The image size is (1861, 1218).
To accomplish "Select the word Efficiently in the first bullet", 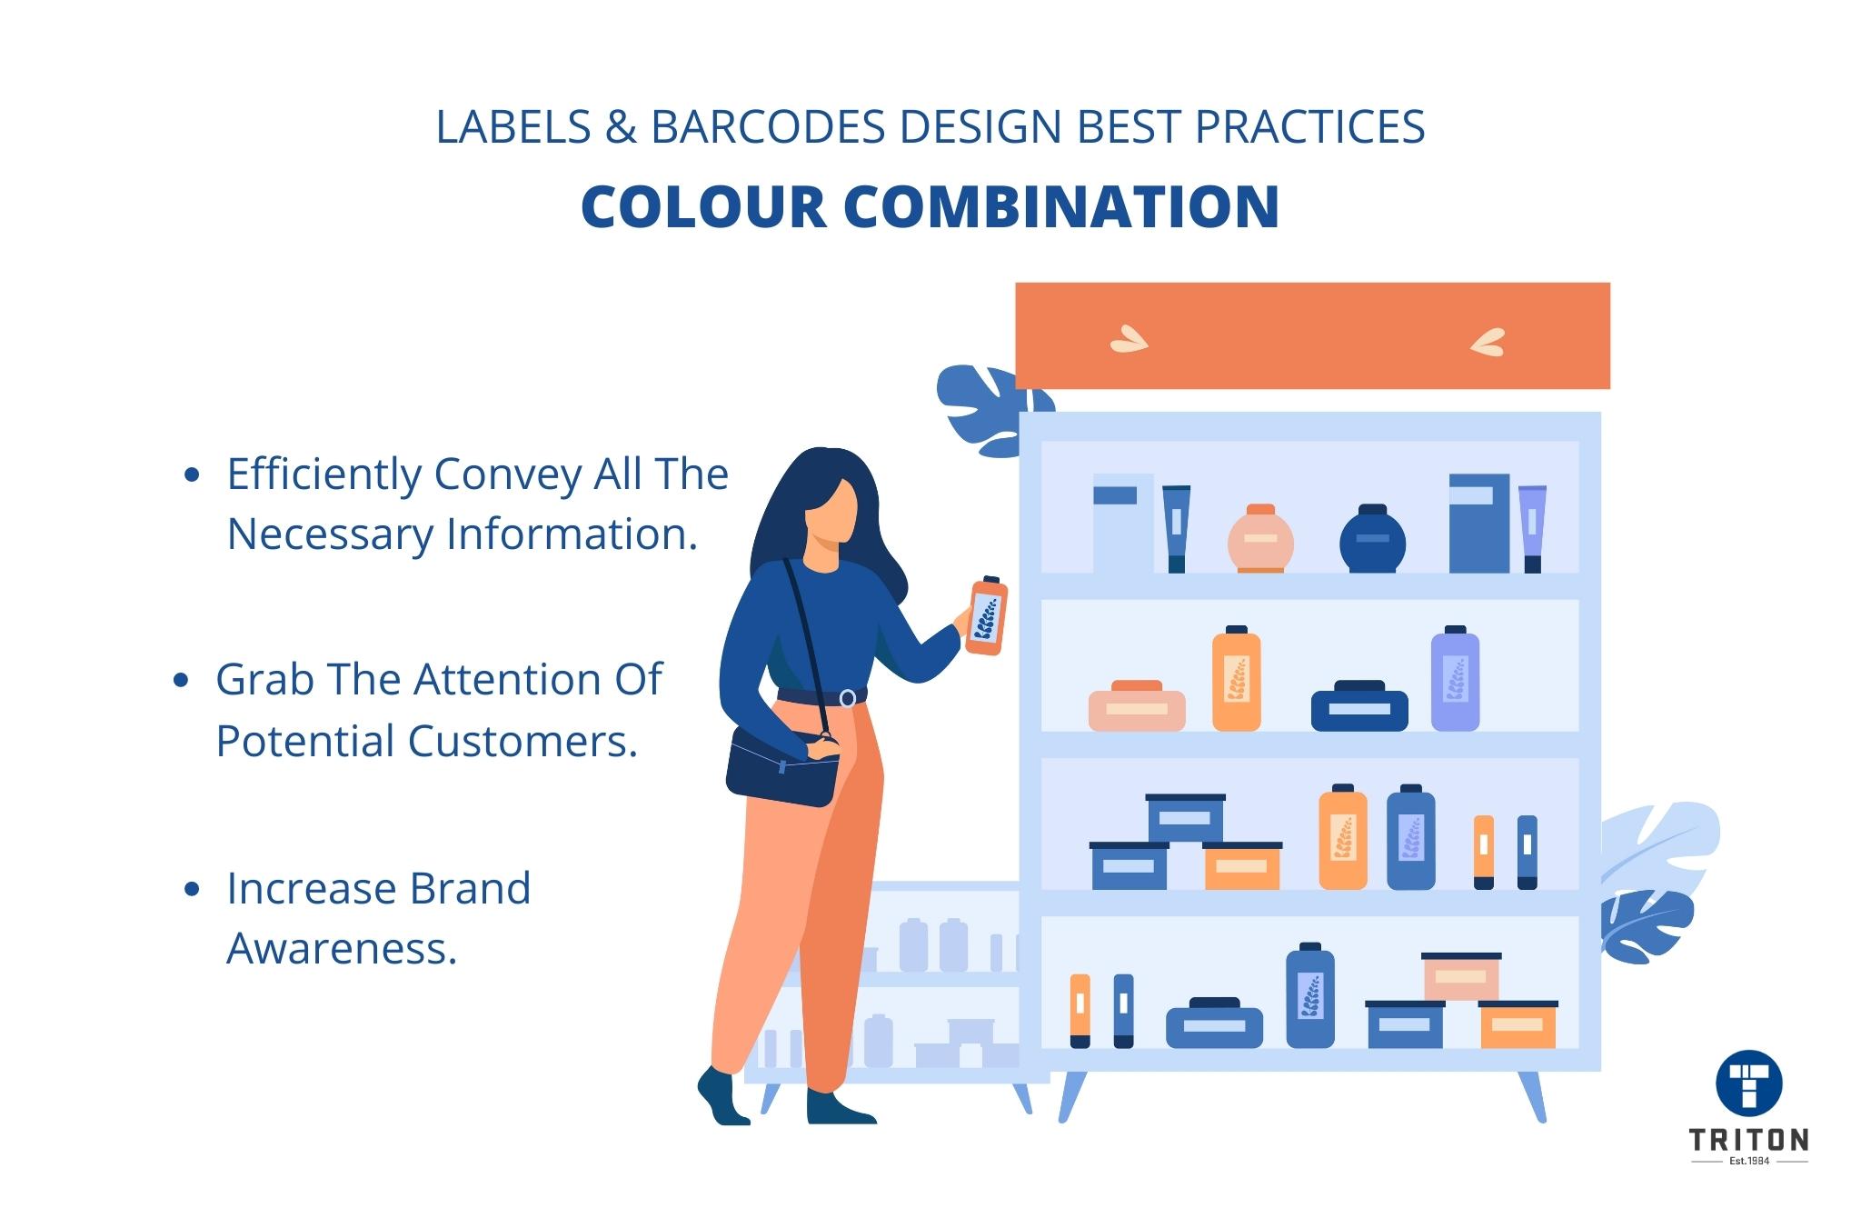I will [x=323, y=474].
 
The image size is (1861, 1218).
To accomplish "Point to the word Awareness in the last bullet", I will [x=341, y=948].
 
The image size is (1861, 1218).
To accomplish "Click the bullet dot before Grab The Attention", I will [x=180, y=680].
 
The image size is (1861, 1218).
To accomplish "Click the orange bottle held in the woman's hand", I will [x=987, y=616].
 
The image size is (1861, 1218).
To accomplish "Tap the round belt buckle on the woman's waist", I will [x=847, y=698].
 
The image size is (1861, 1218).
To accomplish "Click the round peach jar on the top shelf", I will [x=1260, y=539].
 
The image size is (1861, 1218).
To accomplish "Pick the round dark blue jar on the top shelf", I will [x=1372, y=539].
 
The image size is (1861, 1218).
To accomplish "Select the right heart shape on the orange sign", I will [x=1488, y=342].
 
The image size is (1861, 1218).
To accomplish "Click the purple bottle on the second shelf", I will [x=1455, y=679].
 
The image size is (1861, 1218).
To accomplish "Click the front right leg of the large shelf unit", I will [x=1532, y=1095].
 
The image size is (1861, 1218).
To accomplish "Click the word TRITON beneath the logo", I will [x=1748, y=1139].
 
